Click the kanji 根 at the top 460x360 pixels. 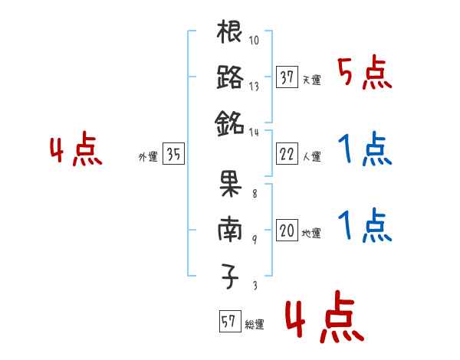pos(230,34)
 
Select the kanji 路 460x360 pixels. pos(230,77)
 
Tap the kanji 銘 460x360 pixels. pos(230,122)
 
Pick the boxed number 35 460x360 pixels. pos(173,155)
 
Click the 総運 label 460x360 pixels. pos(255,325)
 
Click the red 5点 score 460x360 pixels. pos(364,74)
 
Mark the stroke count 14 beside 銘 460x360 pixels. pos(254,131)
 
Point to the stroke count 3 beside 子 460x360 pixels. pos(254,285)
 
